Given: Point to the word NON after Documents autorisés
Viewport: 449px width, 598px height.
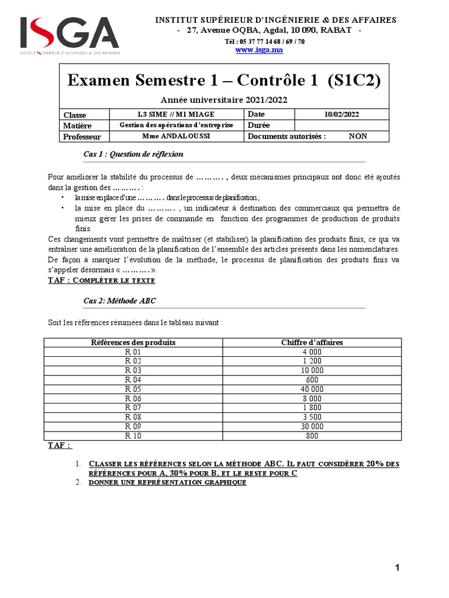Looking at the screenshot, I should pyautogui.click(x=358, y=137).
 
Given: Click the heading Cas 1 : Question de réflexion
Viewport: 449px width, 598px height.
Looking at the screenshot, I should pyautogui.click(x=133, y=154).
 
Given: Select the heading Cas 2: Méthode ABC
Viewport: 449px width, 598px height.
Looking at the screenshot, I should pyautogui.click(x=120, y=300).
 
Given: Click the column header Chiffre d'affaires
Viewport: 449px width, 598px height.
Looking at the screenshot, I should pyautogui.click(x=312, y=342).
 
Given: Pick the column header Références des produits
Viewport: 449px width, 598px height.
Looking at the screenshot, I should pyautogui.click(x=133, y=342).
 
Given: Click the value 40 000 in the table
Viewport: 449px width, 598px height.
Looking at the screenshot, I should pyautogui.click(x=312, y=388).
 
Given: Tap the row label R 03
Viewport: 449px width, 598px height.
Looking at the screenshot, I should pyautogui.click(x=133, y=370).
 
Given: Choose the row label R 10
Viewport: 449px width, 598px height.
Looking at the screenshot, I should pyautogui.click(x=133, y=435).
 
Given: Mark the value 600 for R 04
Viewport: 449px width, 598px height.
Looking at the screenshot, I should pyautogui.click(x=312, y=380).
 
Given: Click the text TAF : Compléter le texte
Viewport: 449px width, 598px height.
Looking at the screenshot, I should pyautogui.click(x=101, y=281).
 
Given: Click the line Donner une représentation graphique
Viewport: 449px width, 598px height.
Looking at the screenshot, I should pyautogui.click(x=167, y=483).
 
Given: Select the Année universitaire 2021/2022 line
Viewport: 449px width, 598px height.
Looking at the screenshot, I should pyautogui.click(x=224, y=100).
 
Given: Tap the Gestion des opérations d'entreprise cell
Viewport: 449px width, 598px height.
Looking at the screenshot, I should pyautogui.click(x=176, y=126).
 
